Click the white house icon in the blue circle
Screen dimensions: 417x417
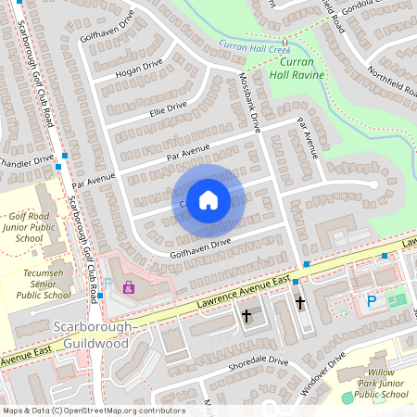point(208,198)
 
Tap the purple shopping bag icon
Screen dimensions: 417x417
point(128,288)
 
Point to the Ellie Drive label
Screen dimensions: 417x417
point(168,111)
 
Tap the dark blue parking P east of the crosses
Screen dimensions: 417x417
point(372,301)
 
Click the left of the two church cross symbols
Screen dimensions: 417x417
point(246,317)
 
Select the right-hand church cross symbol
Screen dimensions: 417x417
point(299,303)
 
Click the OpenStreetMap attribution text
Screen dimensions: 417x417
point(93,411)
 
